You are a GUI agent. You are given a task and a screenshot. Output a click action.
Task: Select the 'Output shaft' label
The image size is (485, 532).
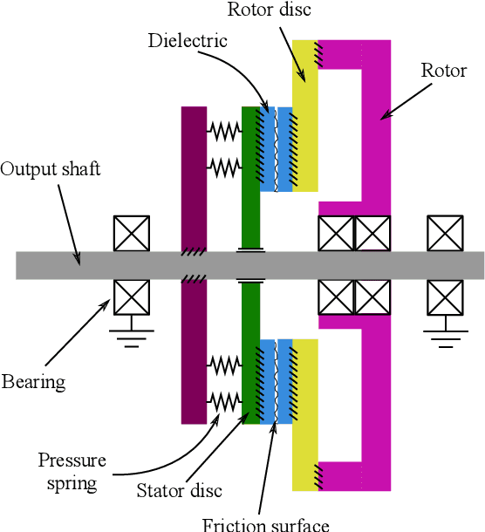click(x=51, y=168)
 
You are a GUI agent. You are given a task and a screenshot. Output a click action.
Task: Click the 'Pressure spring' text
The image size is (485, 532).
click(x=72, y=471)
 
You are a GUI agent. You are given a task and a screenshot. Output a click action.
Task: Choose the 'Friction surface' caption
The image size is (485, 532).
click(x=266, y=524)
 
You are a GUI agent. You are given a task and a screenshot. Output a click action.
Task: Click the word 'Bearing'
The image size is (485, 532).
click(x=33, y=381)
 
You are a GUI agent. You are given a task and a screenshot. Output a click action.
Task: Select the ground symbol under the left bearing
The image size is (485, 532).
click(x=132, y=336)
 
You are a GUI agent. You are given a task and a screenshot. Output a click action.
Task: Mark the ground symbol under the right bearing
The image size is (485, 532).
click(x=444, y=336)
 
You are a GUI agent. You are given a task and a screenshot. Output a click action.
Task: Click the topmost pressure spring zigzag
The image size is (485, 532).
click(x=224, y=132)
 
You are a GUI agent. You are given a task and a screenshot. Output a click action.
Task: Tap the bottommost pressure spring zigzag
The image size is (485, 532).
click(x=224, y=400)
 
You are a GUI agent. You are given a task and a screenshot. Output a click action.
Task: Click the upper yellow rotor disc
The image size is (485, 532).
click(x=305, y=113)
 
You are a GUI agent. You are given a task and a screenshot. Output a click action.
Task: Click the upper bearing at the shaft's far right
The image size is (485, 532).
click(x=444, y=233)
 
